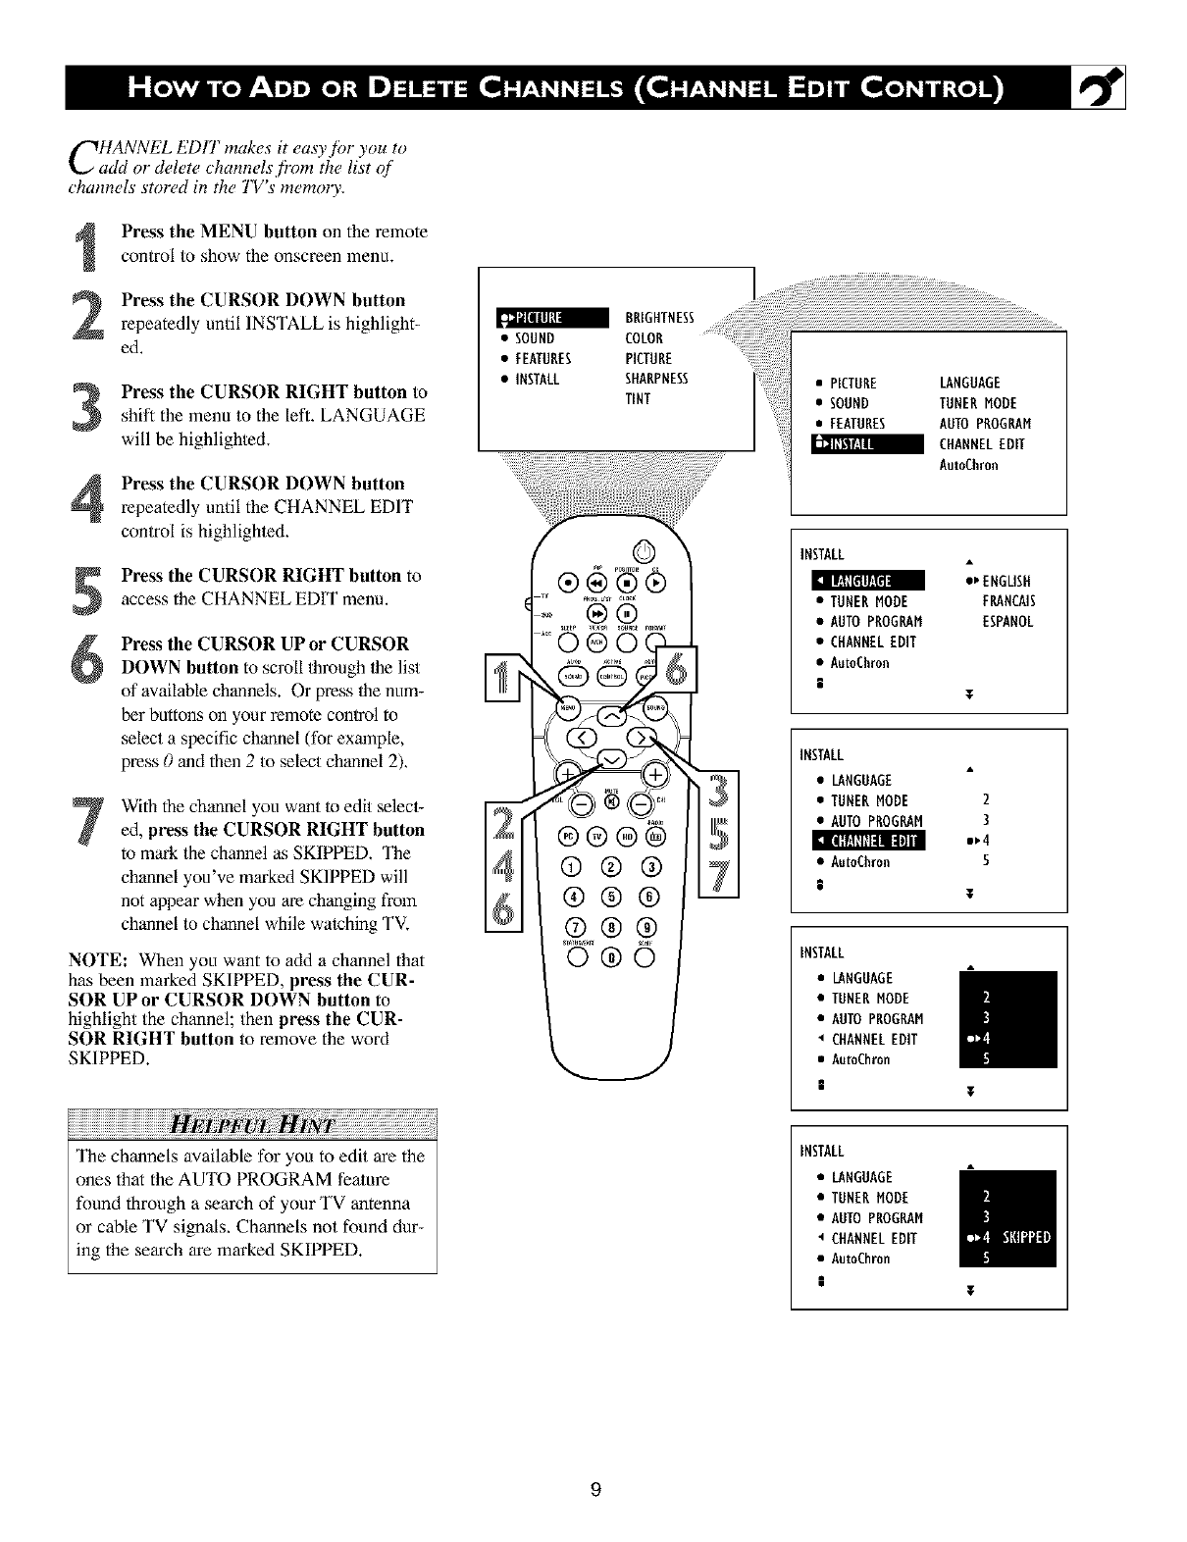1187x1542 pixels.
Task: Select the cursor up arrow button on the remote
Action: click(611, 715)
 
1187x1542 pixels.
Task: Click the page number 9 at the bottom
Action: click(594, 1491)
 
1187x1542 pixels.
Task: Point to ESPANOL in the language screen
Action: click(1007, 622)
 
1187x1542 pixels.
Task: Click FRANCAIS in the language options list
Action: click(1008, 601)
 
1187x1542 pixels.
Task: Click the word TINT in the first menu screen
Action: click(638, 399)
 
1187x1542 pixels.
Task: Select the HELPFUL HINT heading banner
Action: click(252, 1123)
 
